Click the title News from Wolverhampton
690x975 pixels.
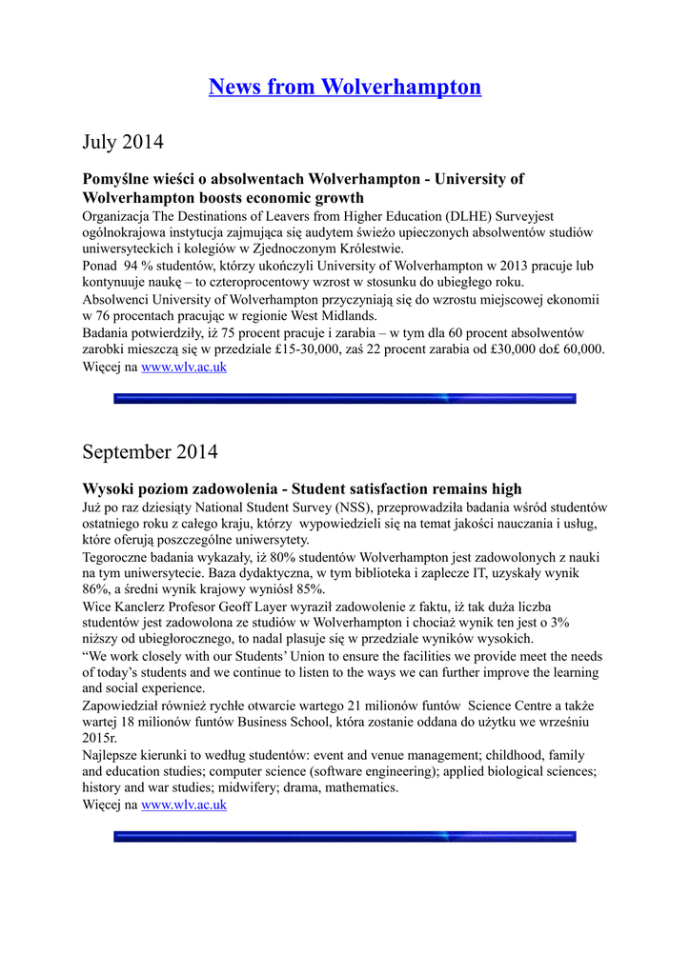click(x=345, y=88)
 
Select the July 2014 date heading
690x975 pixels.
click(x=123, y=142)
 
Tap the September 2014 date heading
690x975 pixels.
click(x=150, y=450)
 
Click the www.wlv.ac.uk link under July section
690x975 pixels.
click(x=184, y=367)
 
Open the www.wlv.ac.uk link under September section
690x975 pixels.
click(x=184, y=805)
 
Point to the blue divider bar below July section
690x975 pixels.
click(x=345, y=399)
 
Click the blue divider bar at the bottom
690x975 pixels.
click(x=345, y=837)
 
